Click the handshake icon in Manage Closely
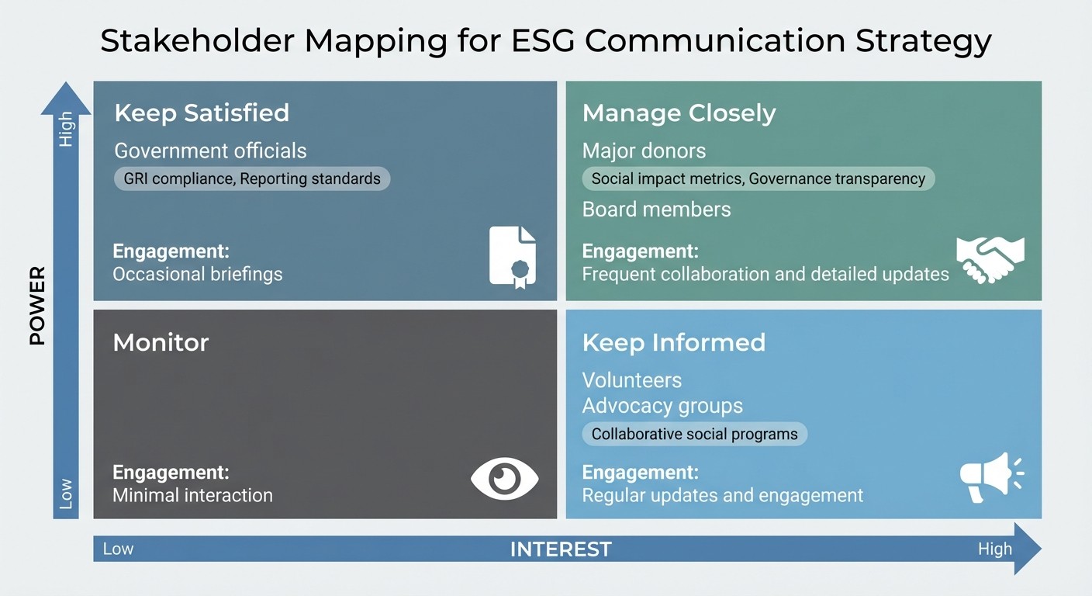coord(990,259)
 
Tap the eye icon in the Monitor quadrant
coord(505,478)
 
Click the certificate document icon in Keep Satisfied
coord(513,257)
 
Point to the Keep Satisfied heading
coord(201,113)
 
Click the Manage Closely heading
coord(679,113)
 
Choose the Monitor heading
coord(161,342)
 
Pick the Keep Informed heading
coord(673,342)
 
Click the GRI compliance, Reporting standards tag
coord(252,179)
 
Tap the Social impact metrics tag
coord(758,179)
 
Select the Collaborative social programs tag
coord(694,434)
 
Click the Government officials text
coord(210,151)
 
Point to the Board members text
coord(656,210)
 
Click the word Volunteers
coord(631,380)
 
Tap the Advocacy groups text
coord(662,406)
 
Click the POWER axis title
coord(37,306)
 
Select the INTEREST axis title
coord(560,549)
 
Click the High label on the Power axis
coord(66,129)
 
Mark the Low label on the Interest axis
coord(118,549)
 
